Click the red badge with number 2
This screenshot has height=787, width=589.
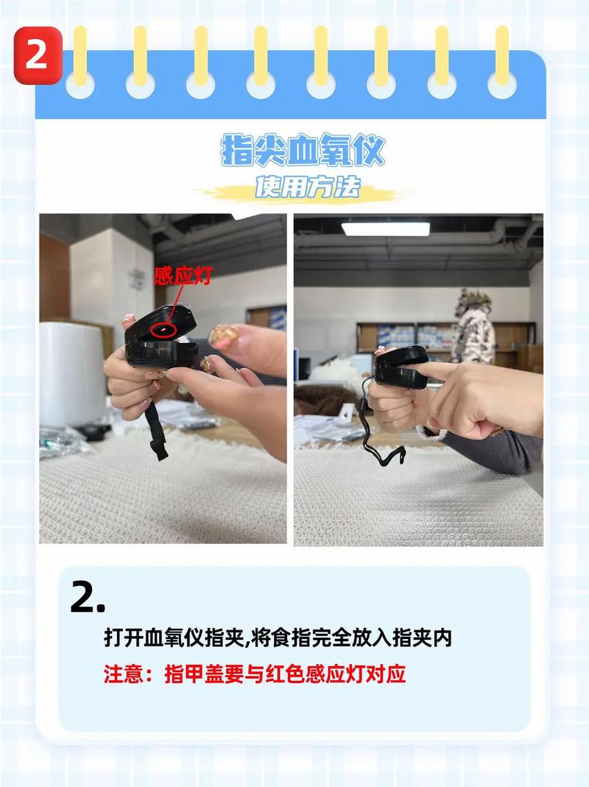pyautogui.click(x=38, y=55)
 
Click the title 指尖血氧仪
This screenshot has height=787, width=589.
pyautogui.click(x=303, y=150)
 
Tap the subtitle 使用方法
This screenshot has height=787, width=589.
pyautogui.click(x=307, y=187)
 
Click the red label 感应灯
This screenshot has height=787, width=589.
pyautogui.click(x=184, y=275)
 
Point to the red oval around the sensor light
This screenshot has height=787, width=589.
pyautogui.click(x=163, y=329)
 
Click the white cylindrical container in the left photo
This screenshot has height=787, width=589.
pyautogui.click(x=72, y=375)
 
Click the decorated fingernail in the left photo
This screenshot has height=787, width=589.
pyautogui.click(x=223, y=336)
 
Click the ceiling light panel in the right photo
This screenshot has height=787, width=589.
pyautogui.click(x=386, y=229)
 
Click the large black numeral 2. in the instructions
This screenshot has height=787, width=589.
pyautogui.click(x=88, y=597)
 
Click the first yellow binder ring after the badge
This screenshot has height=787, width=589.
pyautogui.click(x=80, y=61)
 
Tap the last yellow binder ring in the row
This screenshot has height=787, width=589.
pyautogui.click(x=502, y=61)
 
